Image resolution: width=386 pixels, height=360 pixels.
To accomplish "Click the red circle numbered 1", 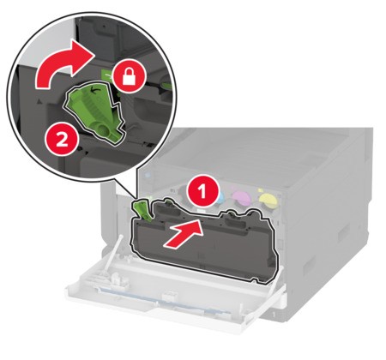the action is pyautogui.click(x=202, y=191).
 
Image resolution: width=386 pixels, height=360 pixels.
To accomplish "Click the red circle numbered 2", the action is pyautogui.click(x=62, y=141).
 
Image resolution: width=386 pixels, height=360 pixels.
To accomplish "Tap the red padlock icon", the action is pyautogui.click(x=129, y=76).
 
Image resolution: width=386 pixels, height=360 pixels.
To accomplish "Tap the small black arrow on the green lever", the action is pyautogui.click(x=93, y=90).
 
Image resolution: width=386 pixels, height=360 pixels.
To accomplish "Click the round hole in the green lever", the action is pyautogui.click(x=106, y=131).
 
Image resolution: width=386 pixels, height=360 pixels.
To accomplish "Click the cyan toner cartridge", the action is pyautogui.click(x=219, y=198).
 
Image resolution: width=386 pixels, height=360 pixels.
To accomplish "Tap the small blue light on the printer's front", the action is pyautogui.click(x=148, y=174).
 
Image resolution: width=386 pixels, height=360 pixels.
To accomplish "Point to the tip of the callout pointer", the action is pyautogui.click(x=135, y=197).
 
